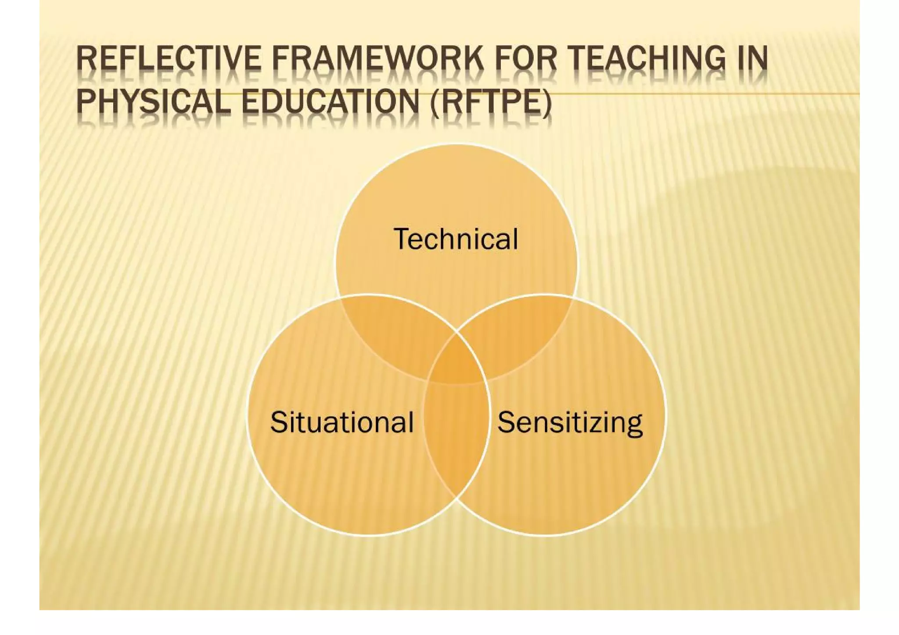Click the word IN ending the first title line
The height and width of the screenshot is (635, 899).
pyautogui.click(x=752, y=59)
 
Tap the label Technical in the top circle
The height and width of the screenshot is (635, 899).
pyautogui.click(x=456, y=239)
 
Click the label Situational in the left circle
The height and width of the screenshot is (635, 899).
pyautogui.click(x=342, y=422)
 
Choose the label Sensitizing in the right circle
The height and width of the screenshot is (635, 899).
pyautogui.click(x=570, y=422)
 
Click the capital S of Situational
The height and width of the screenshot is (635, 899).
pyautogui.click(x=279, y=422)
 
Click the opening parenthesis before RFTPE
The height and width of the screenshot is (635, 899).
pyautogui.click(x=435, y=103)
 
